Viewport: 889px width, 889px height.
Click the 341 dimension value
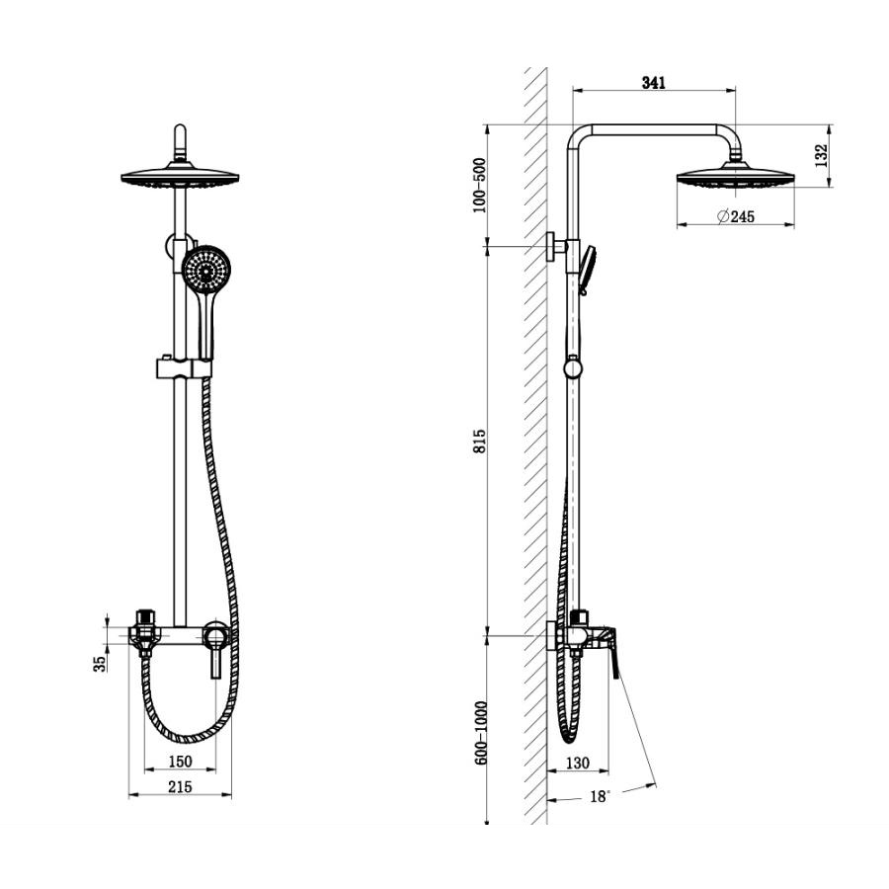[x=653, y=83]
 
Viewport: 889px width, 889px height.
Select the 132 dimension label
[x=821, y=155]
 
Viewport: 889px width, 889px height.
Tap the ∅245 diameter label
[x=736, y=216]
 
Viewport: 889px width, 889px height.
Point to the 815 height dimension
[x=480, y=441]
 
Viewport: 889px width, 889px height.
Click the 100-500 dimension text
[x=480, y=186]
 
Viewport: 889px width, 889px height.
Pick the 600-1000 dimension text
[x=481, y=733]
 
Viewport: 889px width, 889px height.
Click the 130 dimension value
[x=577, y=764]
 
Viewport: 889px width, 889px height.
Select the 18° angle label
[x=600, y=796]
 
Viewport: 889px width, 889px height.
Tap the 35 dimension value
[x=100, y=664]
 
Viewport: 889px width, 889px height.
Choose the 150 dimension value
[x=181, y=762]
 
